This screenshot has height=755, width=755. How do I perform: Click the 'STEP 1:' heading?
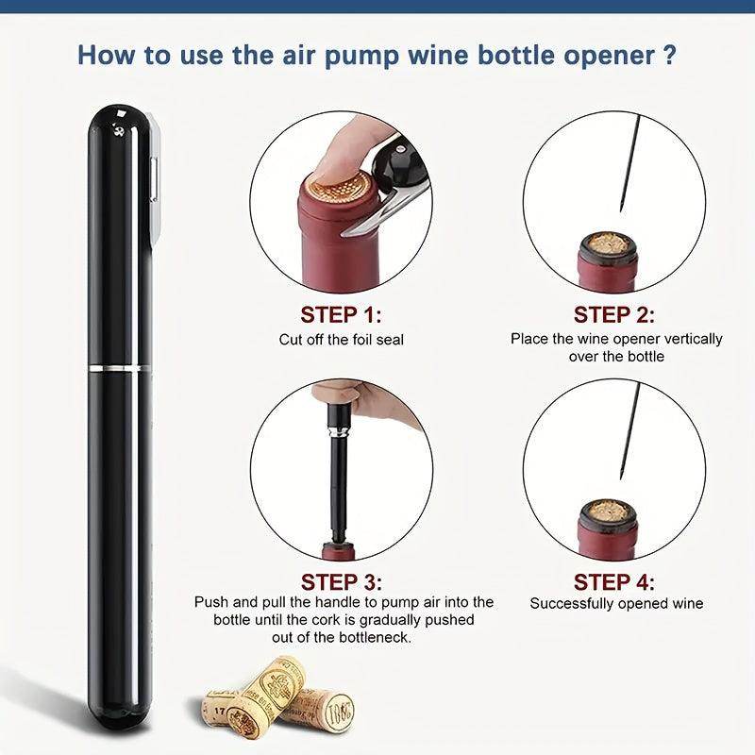click(341, 314)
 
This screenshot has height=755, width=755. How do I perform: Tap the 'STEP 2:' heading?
click(615, 314)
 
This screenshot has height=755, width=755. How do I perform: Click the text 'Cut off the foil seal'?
click(341, 339)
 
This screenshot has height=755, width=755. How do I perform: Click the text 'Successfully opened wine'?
click(616, 604)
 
